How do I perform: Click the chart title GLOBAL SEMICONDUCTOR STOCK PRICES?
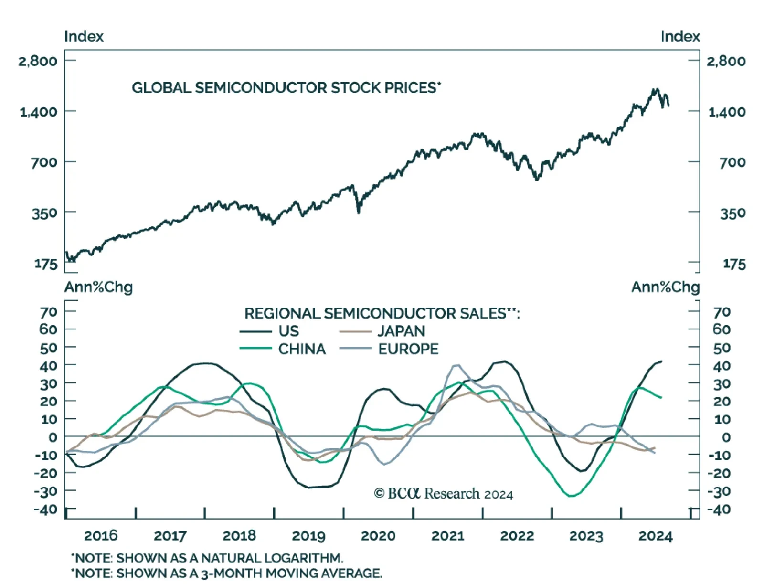click(286, 88)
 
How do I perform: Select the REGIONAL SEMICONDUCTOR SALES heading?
click(382, 313)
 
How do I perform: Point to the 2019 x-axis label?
click(308, 535)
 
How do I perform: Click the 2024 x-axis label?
click(655, 536)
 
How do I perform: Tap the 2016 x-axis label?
click(101, 535)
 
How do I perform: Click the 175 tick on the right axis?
click(733, 264)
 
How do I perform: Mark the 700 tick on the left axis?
click(44, 162)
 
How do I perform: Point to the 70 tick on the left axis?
click(48, 312)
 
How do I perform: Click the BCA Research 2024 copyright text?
click(443, 493)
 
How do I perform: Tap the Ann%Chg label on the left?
click(98, 287)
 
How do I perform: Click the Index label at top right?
click(680, 37)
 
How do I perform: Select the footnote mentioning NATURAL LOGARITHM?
click(207, 558)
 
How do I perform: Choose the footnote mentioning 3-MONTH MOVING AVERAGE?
click(226, 573)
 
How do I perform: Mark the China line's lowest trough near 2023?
click(571, 496)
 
